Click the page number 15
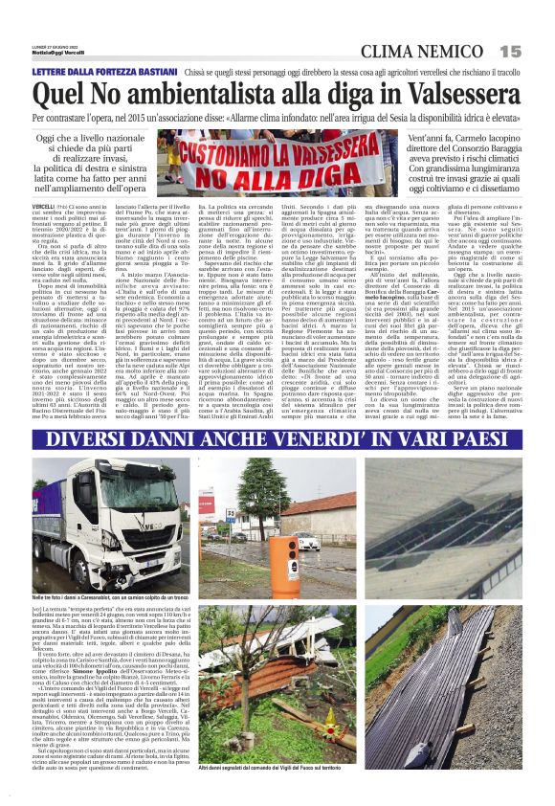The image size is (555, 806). coord(509,50)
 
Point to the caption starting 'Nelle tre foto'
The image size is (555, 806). coord(105,597)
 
